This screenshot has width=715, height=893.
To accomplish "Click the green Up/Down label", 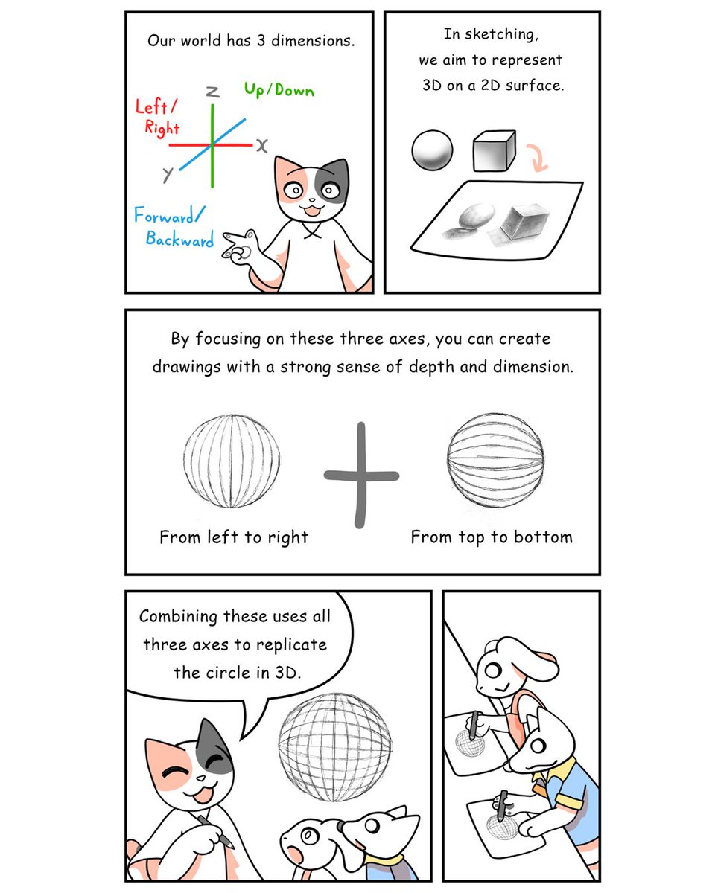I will coord(279,90).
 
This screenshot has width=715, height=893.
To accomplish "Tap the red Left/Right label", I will coord(158,118).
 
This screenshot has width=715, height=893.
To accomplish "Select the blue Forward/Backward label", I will coord(173,228).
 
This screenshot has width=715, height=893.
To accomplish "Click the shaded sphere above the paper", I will coord(432,151).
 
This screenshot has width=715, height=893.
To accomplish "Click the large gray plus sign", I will coord(361,475).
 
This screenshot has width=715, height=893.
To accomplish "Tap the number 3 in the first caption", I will coord(262,39).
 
